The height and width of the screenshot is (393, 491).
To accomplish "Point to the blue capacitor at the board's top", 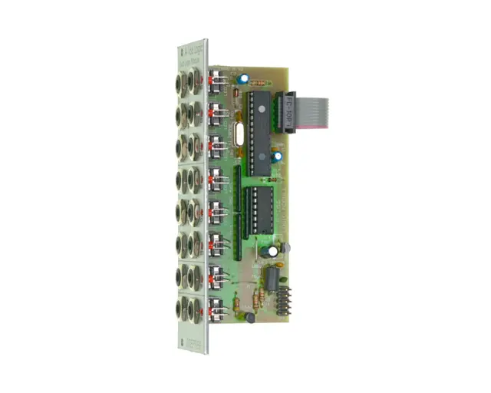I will (x=242, y=78).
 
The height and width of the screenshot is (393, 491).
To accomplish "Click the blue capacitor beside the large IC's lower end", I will (x=277, y=157).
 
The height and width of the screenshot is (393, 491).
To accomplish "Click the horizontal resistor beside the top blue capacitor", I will (x=260, y=81).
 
